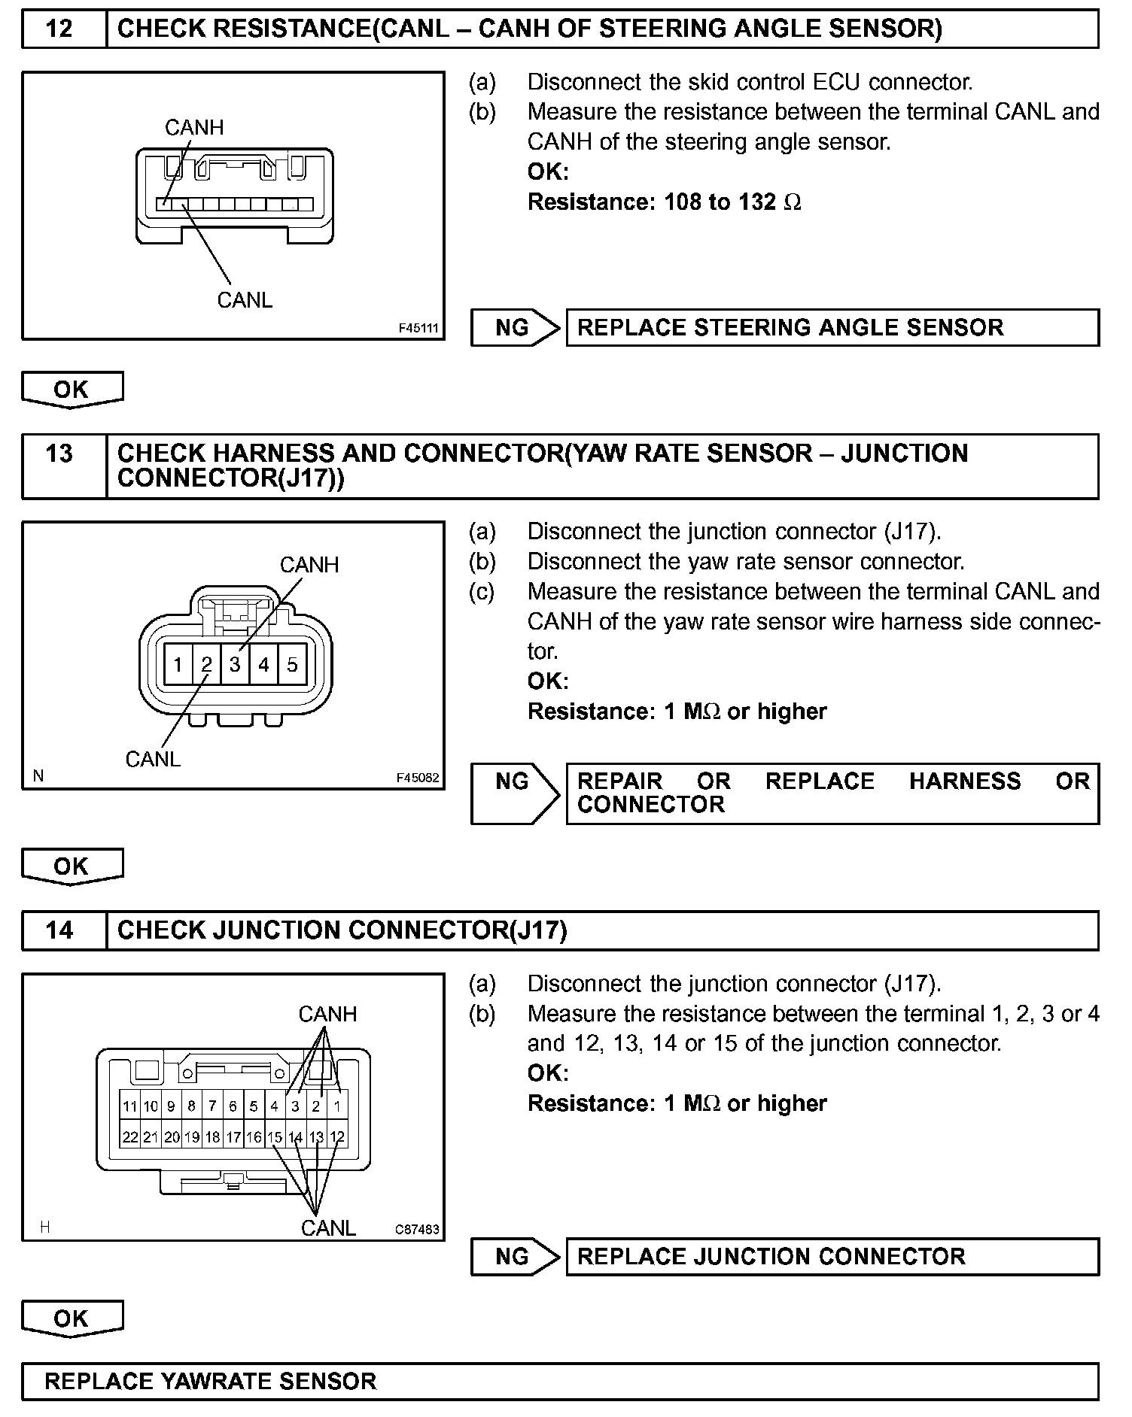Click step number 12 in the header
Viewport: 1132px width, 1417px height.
pos(59,29)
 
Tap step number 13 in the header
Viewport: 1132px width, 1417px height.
pos(59,454)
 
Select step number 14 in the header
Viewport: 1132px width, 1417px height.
pos(59,930)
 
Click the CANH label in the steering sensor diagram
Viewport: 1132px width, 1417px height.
pos(194,127)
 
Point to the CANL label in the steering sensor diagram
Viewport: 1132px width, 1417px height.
pos(245,300)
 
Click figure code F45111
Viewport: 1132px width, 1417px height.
pos(418,329)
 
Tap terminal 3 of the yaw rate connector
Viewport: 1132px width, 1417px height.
pos(235,664)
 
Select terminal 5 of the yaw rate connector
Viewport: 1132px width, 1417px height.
pos(292,664)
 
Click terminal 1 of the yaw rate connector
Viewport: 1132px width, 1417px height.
pos(178,664)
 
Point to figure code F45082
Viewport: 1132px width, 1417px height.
pos(418,778)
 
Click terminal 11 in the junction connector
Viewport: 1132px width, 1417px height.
pos(130,1106)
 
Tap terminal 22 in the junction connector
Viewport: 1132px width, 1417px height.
pos(130,1137)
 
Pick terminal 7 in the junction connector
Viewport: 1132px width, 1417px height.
pos(212,1106)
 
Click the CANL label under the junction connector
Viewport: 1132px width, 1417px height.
pos(328,1228)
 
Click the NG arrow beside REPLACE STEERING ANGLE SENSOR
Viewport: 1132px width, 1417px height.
pos(515,328)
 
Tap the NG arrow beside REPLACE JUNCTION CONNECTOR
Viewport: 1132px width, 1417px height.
pos(515,1257)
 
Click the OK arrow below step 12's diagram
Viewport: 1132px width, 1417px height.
pos(72,390)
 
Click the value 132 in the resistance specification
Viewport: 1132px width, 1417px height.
pos(756,202)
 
